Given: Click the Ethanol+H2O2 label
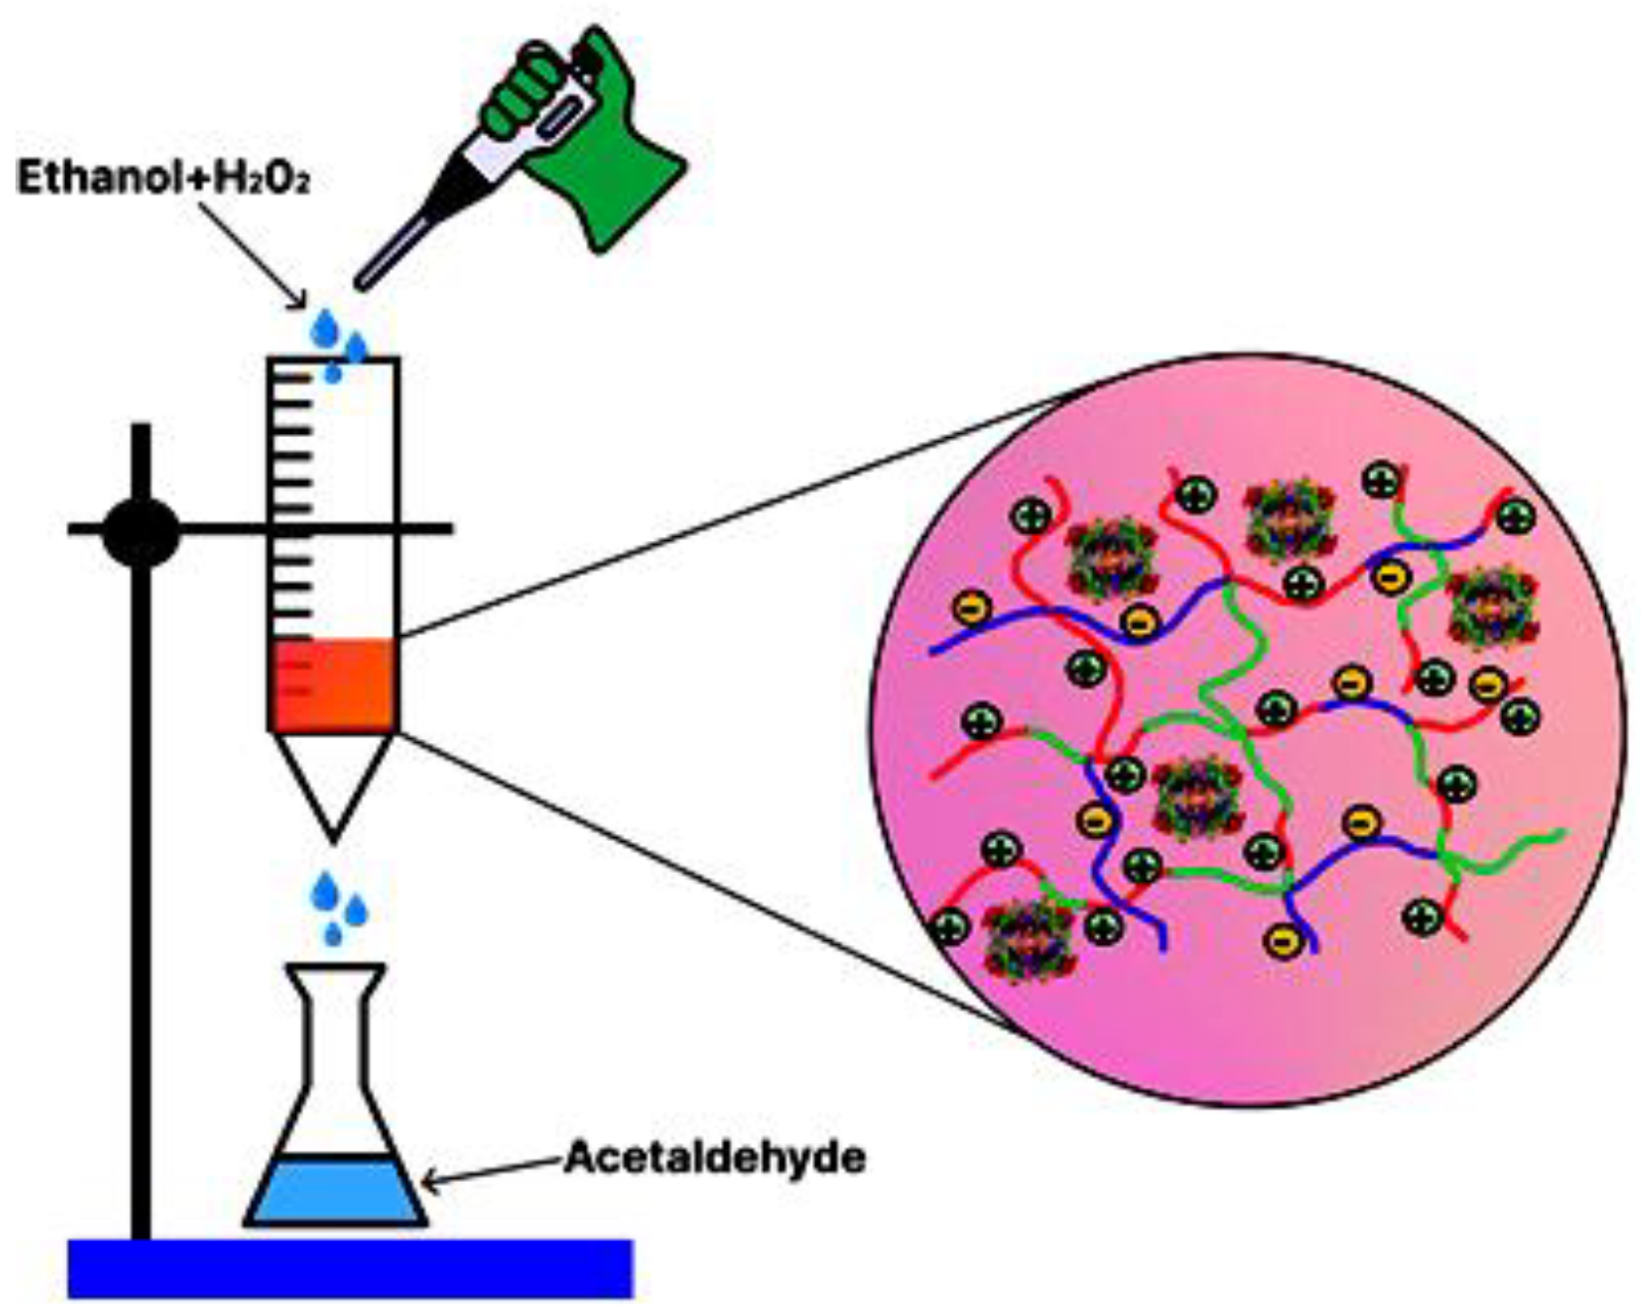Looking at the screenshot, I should tap(163, 180).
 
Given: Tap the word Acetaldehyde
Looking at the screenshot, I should tap(714, 1158).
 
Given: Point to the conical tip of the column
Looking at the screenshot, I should tap(333, 787).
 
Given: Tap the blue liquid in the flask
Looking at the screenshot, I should tap(335, 1193).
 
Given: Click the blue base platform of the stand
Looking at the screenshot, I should tap(350, 1268).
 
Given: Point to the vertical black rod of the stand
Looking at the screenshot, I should tap(142, 874).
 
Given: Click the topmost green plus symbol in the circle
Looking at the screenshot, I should tap(1381, 479).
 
